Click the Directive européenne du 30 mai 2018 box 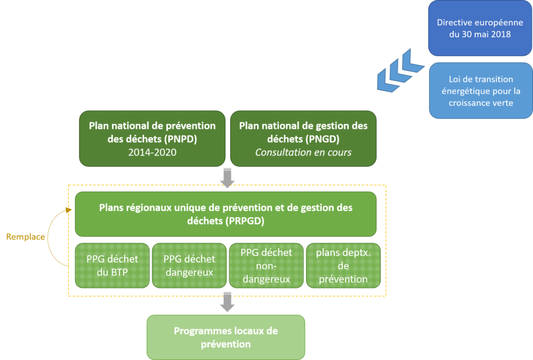pyautogui.click(x=480, y=29)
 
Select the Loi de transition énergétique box pyautogui.click(x=480, y=91)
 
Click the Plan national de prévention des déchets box pyautogui.click(x=152, y=139)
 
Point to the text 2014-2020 pyautogui.click(x=152, y=153)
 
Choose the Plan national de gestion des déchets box pyautogui.click(x=303, y=139)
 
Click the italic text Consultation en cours pyautogui.click(x=303, y=153)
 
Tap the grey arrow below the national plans pyautogui.click(x=227, y=177)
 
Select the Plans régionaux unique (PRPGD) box pyautogui.click(x=225, y=214)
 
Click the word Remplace pyautogui.click(x=25, y=237)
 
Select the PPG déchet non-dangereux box pyautogui.click(x=266, y=265)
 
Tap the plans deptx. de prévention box pyautogui.click(x=342, y=265)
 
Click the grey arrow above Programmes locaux pyautogui.click(x=227, y=302)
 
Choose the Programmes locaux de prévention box pyautogui.click(x=225, y=337)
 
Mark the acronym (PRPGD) pyautogui.click(x=245, y=221)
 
